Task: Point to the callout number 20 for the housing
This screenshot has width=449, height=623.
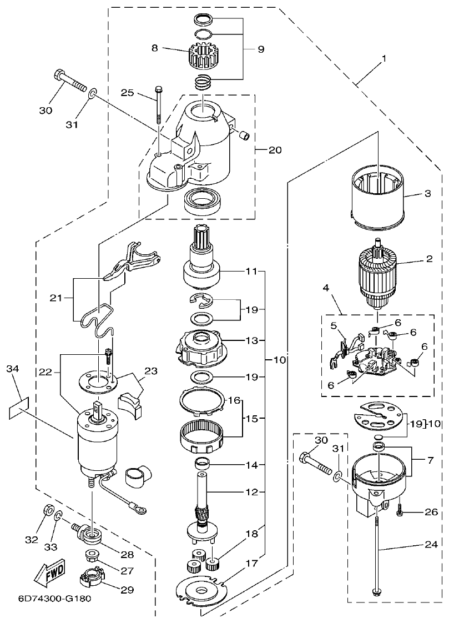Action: coord(275,150)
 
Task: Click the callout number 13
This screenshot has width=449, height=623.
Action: coord(252,339)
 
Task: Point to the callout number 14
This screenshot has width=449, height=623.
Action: coord(252,464)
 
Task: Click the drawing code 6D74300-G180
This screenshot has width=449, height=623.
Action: coord(47,599)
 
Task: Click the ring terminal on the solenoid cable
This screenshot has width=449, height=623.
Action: coord(136,507)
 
